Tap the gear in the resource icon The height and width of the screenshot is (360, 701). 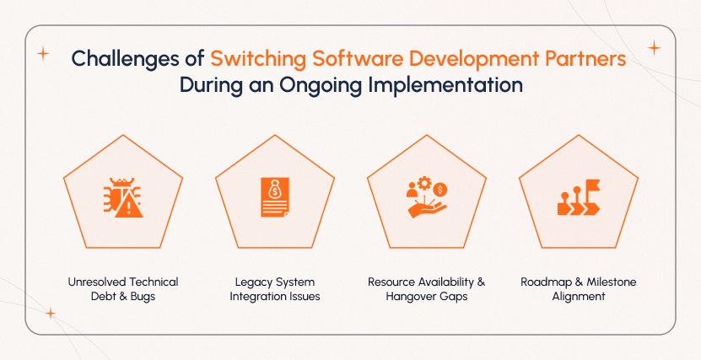(424, 183)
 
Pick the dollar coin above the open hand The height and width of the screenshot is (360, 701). (441, 189)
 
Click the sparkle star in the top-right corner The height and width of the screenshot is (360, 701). (654, 48)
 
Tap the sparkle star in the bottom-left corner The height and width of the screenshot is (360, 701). (50, 314)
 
